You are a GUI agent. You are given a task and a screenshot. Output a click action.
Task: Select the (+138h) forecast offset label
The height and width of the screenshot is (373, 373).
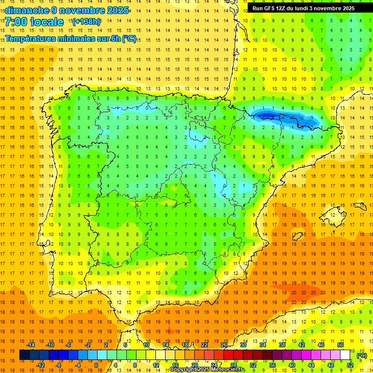[86, 22]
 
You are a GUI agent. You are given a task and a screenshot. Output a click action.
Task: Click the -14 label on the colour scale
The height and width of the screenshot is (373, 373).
[32, 345]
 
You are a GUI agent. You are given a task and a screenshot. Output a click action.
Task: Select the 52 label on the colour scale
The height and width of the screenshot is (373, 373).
[350, 365]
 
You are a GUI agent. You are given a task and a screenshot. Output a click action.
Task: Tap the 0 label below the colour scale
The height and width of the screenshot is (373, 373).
[96, 365]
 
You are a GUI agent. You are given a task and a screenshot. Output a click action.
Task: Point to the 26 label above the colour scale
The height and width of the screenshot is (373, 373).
[224, 345]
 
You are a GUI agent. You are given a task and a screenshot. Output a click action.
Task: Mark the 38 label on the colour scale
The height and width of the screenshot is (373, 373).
[282, 345]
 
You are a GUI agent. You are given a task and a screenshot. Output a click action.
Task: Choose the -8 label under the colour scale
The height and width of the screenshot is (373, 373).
[59, 365]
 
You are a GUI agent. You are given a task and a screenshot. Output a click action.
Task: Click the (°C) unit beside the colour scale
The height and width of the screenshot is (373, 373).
[361, 356]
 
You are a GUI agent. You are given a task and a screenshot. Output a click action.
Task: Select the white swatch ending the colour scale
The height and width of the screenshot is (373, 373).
[345, 355]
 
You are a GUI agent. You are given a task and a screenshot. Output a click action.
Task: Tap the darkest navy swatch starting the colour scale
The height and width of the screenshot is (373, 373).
[24, 355]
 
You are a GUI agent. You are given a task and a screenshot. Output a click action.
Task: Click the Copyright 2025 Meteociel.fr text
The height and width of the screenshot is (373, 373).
[207, 370]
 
